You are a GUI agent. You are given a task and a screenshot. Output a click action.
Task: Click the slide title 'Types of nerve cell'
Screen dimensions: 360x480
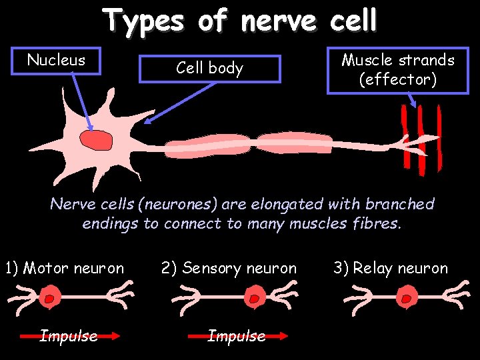[240, 21]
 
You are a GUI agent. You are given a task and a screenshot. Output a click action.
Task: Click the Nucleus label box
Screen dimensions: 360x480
[57, 61]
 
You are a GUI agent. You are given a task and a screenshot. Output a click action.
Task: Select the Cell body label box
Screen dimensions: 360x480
[209, 68]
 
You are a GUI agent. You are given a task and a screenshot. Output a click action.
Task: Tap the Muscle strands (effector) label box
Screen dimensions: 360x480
[398, 70]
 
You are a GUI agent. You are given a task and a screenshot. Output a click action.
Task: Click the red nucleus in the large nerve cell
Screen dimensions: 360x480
[97, 139]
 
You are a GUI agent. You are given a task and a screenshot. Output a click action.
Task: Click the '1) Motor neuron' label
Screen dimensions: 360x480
[64, 269]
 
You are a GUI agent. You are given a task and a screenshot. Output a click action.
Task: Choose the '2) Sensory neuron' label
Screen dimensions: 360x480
[229, 269]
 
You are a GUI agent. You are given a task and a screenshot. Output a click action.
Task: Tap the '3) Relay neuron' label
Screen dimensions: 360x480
[391, 269]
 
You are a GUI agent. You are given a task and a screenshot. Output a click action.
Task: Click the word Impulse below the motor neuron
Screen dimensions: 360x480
[69, 336]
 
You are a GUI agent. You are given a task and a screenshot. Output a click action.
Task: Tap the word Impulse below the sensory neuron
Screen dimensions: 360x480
[236, 336]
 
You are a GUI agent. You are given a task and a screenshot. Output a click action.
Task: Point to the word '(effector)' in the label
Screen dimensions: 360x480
[398, 81]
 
